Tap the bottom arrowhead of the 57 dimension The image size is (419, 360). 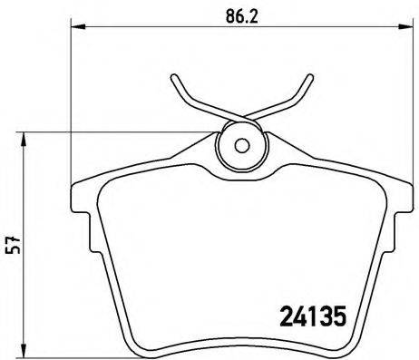tap(24, 354)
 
